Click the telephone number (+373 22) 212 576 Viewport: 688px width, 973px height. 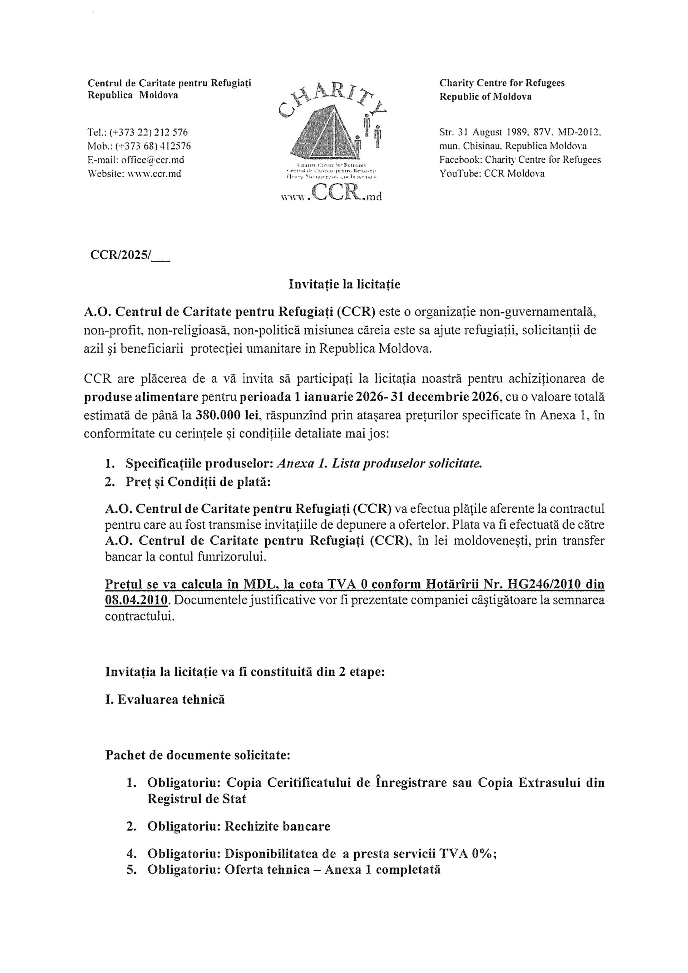pos(148,133)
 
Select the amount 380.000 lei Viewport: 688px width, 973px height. pos(227,415)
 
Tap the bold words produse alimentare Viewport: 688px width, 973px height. pos(141,397)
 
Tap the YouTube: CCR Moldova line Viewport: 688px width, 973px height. pos(492,174)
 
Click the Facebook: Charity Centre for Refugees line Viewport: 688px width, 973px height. pos(520,160)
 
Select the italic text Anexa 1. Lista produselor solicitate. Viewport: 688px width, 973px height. pos(379,464)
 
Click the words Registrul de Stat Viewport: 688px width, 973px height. pos(197,799)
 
